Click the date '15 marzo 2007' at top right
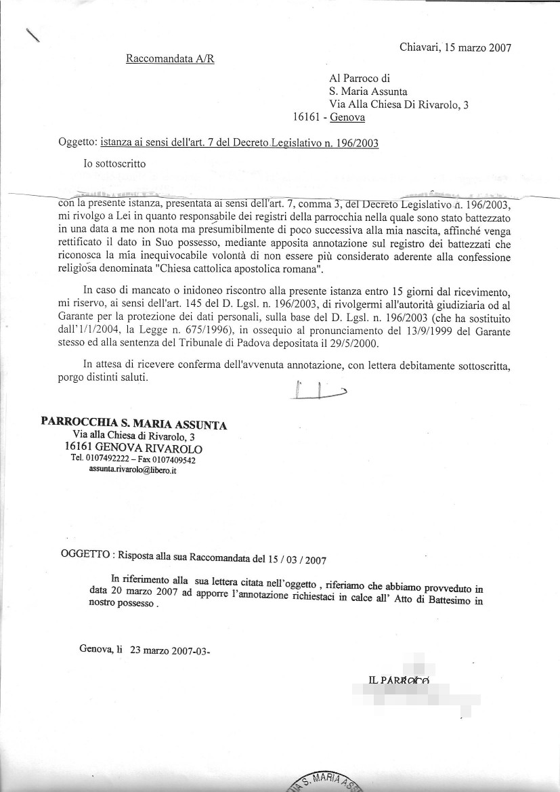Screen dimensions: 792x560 tap(477, 47)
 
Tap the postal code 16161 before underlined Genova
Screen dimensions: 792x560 tap(307, 117)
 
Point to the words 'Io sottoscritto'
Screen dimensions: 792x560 tap(114, 163)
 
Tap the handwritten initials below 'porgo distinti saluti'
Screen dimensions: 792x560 tap(321, 392)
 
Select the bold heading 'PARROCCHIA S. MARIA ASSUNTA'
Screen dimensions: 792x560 tap(134, 425)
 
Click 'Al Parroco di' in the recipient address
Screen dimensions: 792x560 tap(360, 79)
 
